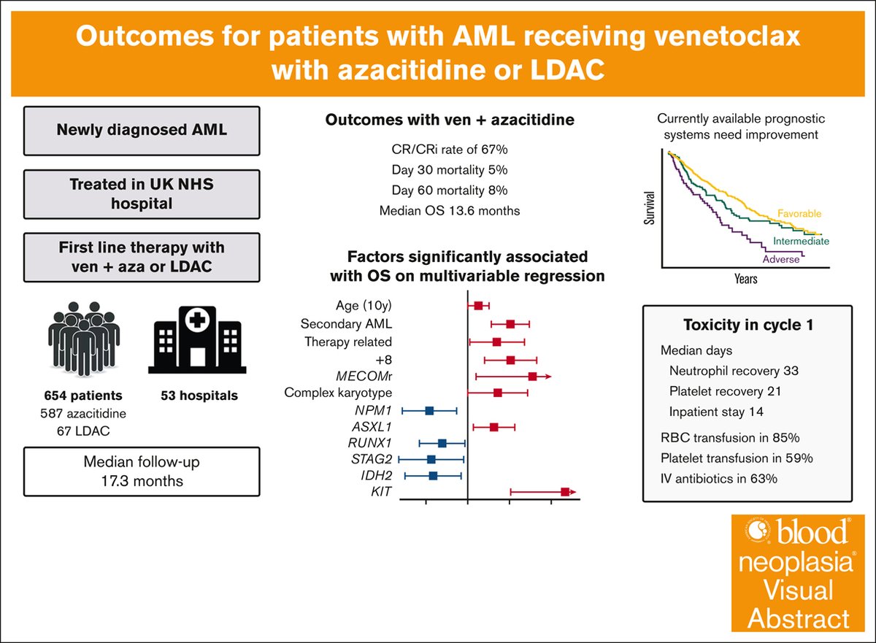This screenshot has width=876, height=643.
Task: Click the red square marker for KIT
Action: [x=565, y=493]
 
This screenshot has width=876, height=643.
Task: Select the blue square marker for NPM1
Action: [x=429, y=411]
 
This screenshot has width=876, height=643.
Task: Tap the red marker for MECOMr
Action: [x=533, y=376]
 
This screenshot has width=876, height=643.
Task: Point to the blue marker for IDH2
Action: [x=433, y=476]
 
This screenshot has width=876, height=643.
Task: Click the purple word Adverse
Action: [x=780, y=259]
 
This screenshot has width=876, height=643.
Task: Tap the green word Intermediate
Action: [x=800, y=240]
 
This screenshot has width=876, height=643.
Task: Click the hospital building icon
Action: [x=194, y=341]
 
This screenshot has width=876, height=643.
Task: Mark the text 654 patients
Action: [x=81, y=396]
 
